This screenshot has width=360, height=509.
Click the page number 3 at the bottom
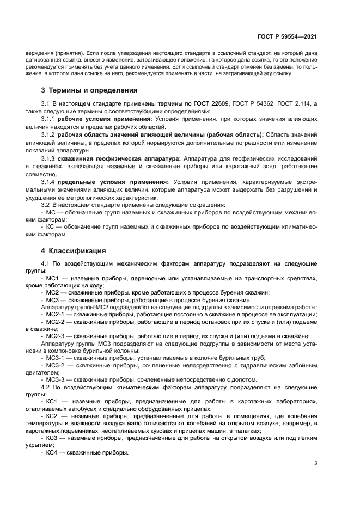click(316, 463)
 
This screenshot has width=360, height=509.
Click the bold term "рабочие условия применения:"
click(106, 119)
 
